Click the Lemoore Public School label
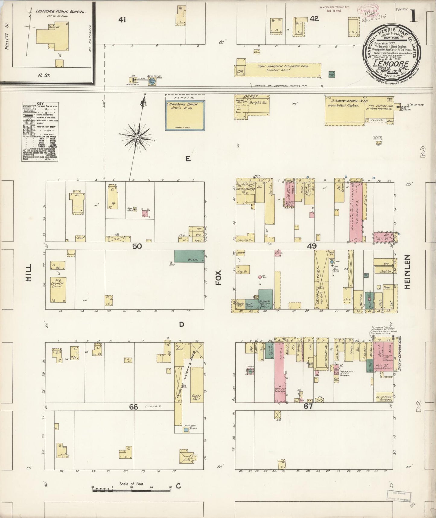coord(60,12)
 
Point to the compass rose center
coord(137,138)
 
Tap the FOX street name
coord(219,277)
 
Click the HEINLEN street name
coord(407,272)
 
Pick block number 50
coord(137,246)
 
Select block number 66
coord(134,407)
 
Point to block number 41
coord(122,20)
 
